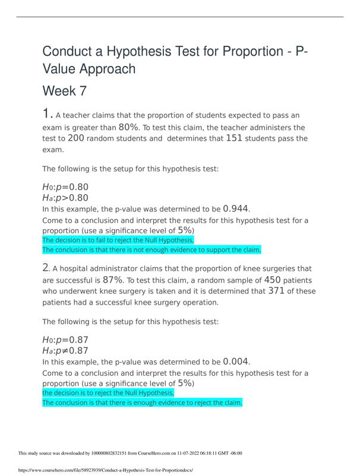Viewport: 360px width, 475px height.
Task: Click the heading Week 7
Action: (59, 91)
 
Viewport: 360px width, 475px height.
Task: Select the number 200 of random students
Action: (76, 138)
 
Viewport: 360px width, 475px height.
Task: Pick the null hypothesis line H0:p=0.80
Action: (65, 186)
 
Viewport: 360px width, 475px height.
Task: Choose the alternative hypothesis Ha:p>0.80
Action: (65, 198)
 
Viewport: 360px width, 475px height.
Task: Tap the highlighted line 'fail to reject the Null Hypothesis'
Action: (118, 240)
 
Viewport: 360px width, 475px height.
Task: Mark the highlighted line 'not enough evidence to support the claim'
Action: (151, 250)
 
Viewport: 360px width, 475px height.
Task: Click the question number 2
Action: (46, 268)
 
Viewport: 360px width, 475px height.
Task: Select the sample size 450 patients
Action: (272, 280)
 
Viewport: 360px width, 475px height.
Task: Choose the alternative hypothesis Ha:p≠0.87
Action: (65, 350)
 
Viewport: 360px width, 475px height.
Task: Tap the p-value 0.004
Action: (236, 361)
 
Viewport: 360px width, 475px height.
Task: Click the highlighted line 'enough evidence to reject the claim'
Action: (143, 403)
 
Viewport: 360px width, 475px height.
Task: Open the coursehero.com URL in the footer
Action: (106, 470)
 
